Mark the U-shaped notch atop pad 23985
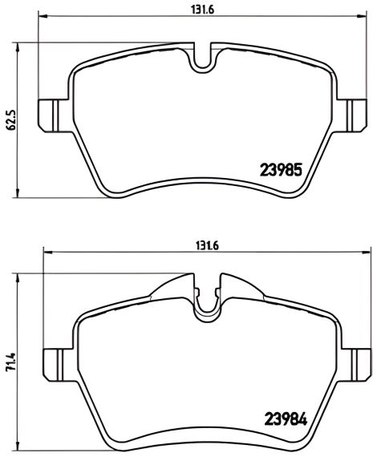[201, 58]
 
